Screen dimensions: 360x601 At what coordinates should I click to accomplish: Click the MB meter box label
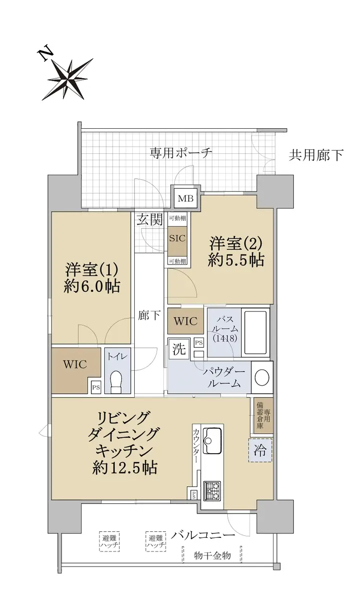pos(186,199)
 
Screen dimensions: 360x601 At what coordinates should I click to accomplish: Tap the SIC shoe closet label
pos(178,238)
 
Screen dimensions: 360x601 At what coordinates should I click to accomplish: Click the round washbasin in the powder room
pos(261,378)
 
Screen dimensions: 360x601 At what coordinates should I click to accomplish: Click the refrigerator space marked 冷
pos(260,450)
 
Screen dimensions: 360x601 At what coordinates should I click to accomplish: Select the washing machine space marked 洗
pos(179,349)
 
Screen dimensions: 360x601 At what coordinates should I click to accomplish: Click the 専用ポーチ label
pos(181,153)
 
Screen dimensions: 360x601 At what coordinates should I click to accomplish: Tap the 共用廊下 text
pos(316,155)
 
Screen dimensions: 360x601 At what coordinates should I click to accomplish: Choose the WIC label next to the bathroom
pos(186,322)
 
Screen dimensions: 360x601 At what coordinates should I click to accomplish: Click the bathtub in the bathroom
pos(256,333)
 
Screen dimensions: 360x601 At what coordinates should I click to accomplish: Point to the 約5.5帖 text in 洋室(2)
pos(236,260)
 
